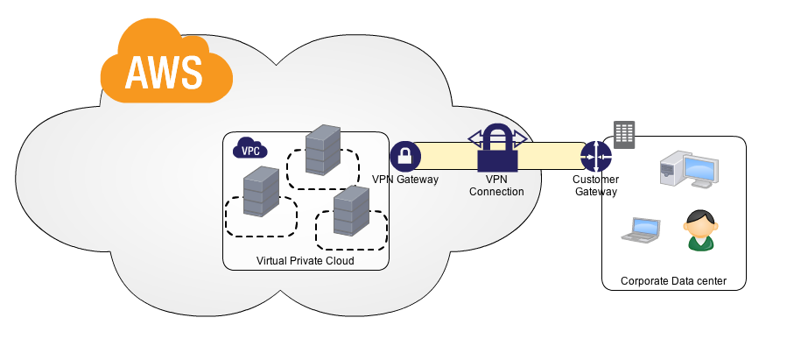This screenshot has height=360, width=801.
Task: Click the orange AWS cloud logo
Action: pos(165,65)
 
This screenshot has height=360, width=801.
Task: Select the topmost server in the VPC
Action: pos(321,150)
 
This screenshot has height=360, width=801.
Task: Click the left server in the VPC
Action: pos(261,191)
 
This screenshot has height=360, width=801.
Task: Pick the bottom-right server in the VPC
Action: pos(352,210)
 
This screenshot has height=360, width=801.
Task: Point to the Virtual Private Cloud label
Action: pos(305,261)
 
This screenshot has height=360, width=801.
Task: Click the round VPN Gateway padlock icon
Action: pos(405,157)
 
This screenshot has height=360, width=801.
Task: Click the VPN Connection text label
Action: pos(497,185)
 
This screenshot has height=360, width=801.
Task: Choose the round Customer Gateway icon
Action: pos(596,158)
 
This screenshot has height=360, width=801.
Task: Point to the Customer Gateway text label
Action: pos(596,185)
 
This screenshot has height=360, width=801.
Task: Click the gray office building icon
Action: pos(624,133)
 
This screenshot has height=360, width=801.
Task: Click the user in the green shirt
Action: pos(700,230)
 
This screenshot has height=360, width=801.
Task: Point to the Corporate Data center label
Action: pos(672,281)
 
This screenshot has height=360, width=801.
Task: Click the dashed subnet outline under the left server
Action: pos(260,225)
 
